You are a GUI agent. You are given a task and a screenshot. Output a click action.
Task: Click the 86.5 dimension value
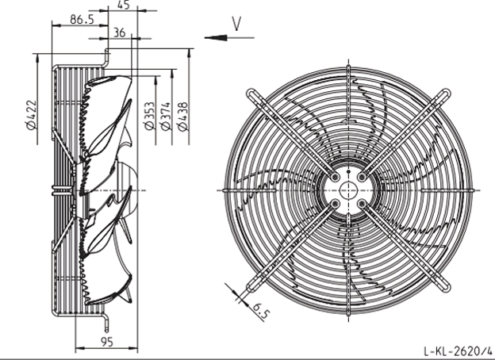[82, 20]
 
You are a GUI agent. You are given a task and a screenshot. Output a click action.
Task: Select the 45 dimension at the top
[124, 5]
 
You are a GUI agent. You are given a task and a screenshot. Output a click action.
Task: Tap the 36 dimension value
[119, 33]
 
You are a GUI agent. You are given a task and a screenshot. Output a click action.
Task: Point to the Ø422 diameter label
[32, 114]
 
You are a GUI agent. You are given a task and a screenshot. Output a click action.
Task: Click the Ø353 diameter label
[150, 116]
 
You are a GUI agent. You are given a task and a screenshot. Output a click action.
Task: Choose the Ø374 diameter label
[166, 116]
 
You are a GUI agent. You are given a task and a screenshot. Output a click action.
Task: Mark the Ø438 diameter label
[182, 116]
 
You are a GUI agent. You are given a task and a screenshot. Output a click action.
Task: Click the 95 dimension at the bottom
[107, 342]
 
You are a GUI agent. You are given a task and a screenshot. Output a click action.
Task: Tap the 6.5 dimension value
[261, 311]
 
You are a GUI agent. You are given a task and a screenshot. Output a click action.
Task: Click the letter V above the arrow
[236, 24]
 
